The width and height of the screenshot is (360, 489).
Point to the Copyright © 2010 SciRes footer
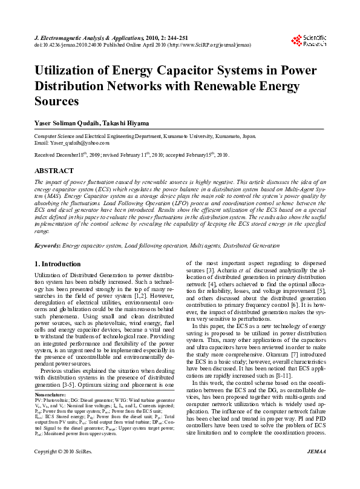[63, 470]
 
